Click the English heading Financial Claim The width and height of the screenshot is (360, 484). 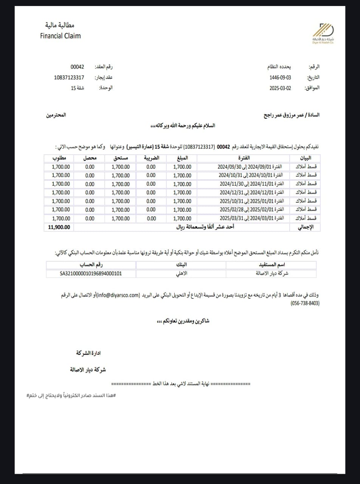(x=61, y=36)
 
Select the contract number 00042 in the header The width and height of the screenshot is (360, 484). (x=77, y=67)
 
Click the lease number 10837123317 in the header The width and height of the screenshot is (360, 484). (x=69, y=78)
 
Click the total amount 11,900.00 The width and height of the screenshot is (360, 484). (x=59, y=227)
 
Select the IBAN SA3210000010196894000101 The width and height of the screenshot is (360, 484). (x=91, y=273)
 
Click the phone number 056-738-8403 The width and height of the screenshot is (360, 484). (x=305, y=304)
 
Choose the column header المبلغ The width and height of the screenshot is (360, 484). (x=182, y=158)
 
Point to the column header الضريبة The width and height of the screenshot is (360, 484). (x=151, y=158)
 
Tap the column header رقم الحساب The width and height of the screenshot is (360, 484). (x=91, y=265)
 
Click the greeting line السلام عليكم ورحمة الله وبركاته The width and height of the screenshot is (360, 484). (x=182, y=126)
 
